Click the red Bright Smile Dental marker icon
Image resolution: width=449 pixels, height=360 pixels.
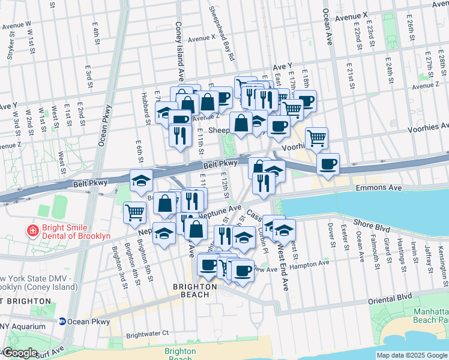coord(32,230)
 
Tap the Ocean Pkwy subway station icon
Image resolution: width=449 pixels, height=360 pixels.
coord(62,322)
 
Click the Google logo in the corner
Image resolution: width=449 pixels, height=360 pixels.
coord(20,353)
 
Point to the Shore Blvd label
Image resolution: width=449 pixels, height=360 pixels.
coord(373,223)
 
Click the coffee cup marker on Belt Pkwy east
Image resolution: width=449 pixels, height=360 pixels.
coord(328,164)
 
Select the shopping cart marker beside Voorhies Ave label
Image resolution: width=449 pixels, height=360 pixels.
coord(316,139)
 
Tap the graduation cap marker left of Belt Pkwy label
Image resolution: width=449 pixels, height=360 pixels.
coord(142,180)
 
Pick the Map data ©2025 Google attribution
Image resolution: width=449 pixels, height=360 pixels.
coord(411,355)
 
